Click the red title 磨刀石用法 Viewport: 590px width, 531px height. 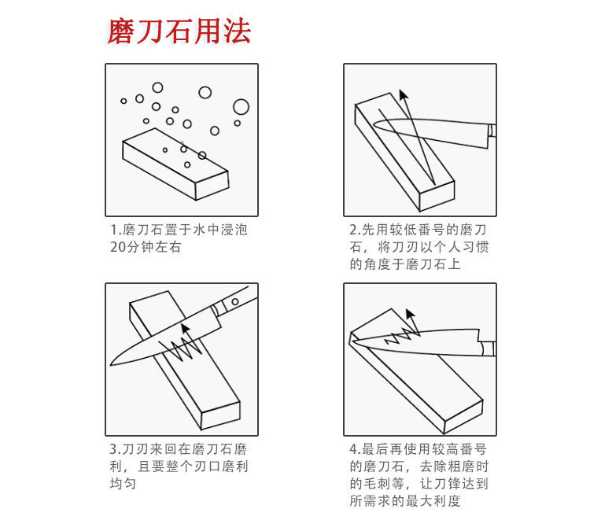click(179, 31)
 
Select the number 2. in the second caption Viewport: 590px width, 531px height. click(355, 230)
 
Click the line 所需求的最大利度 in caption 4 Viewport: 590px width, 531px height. click(405, 501)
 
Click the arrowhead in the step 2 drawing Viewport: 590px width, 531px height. click(404, 95)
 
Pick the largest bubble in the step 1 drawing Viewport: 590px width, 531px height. click(241, 106)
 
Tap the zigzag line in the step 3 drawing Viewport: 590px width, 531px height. click(182, 347)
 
